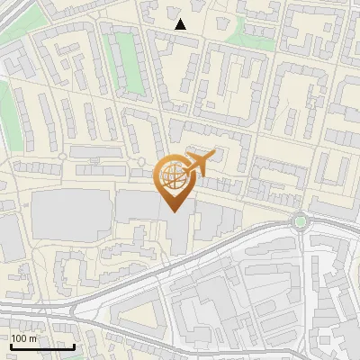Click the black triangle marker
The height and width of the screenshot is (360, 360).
tap(181, 24)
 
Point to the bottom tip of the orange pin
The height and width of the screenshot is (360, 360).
tap(172, 212)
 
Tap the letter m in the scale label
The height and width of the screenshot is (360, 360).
tap(33, 337)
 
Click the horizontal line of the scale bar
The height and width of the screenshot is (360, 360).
tap(42, 346)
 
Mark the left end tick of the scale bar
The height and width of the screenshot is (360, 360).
tap(11, 345)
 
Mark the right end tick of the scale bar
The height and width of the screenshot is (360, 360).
tap(75, 345)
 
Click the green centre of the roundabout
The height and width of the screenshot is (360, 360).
tap(300, 220)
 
